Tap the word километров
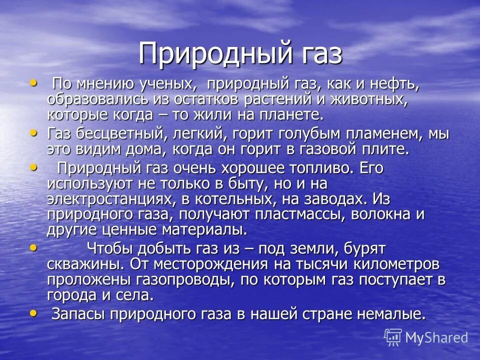pos(394,263)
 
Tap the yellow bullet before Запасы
pos(33,312)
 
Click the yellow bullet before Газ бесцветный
pos(33,133)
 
